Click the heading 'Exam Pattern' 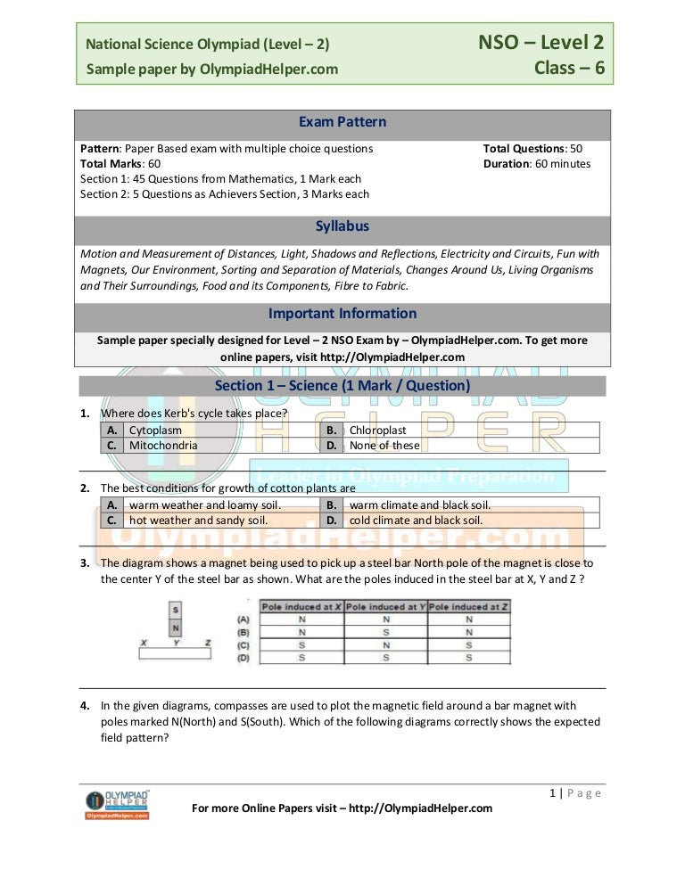click(342, 122)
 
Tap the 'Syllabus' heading click(342, 227)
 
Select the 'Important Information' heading click(342, 314)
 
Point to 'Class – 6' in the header click(569, 67)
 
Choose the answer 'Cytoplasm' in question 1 click(155, 430)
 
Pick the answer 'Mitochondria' click(163, 445)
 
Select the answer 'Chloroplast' click(377, 430)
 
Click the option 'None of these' click(384, 445)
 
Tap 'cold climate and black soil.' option click(416, 520)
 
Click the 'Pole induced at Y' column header click(385, 606)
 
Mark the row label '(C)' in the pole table click(243, 644)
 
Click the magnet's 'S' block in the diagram click(177, 610)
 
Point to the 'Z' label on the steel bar click(208, 641)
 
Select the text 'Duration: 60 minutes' click(536, 164)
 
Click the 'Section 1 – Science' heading click(342, 386)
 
